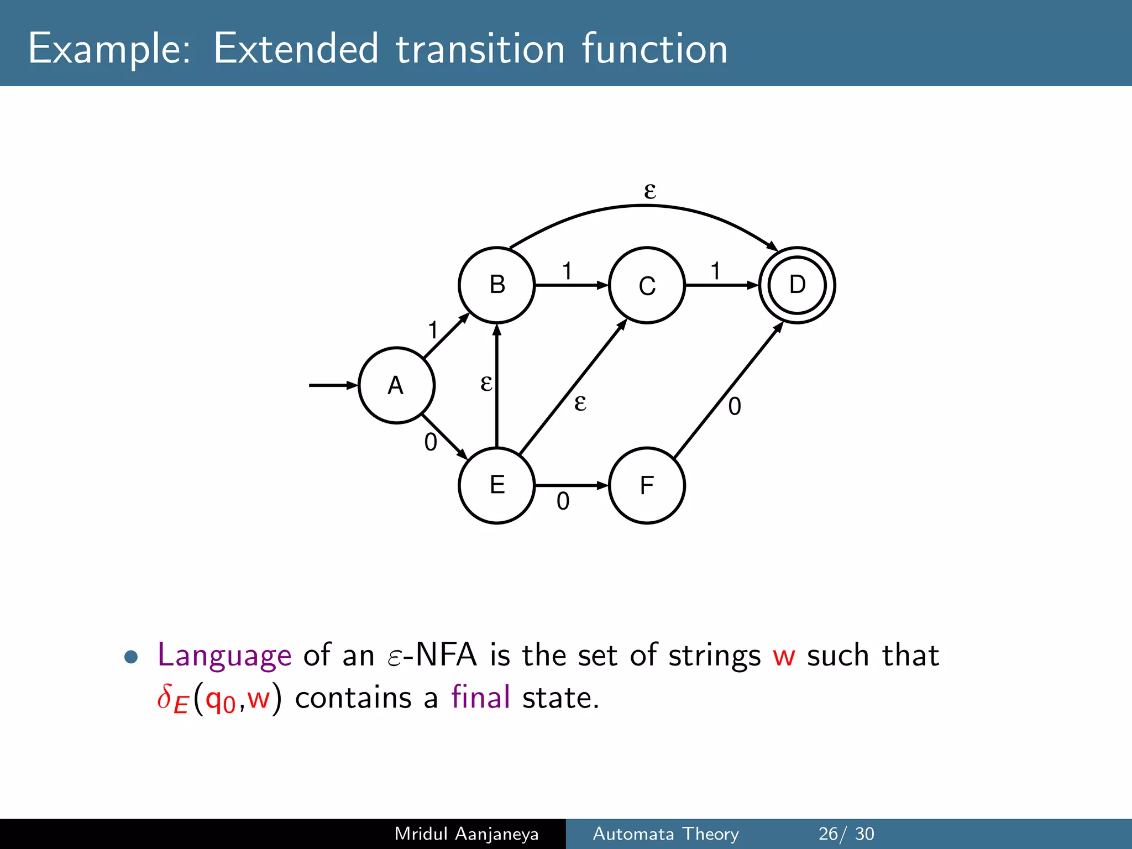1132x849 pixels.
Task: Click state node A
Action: tap(396, 385)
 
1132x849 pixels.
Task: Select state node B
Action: tap(497, 285)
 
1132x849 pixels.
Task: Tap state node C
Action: tap(647, 285)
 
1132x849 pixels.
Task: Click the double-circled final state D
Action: tap(797, 285)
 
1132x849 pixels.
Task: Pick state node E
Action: tap(497, 485)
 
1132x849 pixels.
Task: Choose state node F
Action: tap(647, 485)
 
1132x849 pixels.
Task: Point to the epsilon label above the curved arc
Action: tap(650, 191)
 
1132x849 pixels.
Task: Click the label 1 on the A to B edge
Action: tap(433, 331)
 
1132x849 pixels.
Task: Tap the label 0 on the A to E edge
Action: tap(431, 442)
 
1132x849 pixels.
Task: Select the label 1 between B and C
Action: tap(567, 271)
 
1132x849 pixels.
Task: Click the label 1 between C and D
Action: tap(716, 271)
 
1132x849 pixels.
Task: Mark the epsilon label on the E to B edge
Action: tap(486, 382)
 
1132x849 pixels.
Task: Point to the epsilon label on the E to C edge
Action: tap(580, 402)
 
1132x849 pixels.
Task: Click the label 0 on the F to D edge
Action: tap(735, 406)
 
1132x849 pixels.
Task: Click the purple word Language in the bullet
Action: tap(224, 656)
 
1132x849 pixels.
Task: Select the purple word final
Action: tap(480, 697)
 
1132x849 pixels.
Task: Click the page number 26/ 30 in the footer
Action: tap(846, 834)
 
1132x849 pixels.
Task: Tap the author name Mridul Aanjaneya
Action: tap(467, 834)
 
